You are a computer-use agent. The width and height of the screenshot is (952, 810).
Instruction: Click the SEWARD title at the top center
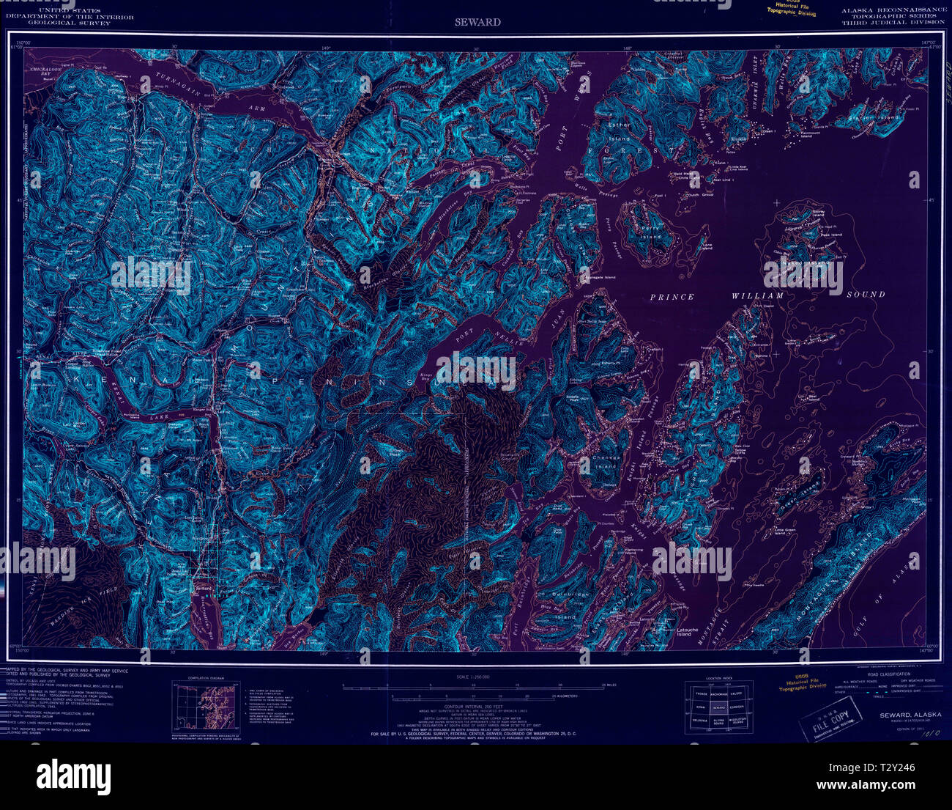[476, 22]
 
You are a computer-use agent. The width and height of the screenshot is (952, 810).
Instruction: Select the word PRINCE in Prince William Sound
[672, 296]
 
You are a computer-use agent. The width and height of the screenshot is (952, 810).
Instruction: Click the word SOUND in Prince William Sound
[867, 294]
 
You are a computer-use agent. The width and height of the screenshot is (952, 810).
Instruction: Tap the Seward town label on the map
[202, 588]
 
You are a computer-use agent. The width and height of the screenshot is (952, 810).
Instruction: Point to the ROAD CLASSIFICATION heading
[889, 674]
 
